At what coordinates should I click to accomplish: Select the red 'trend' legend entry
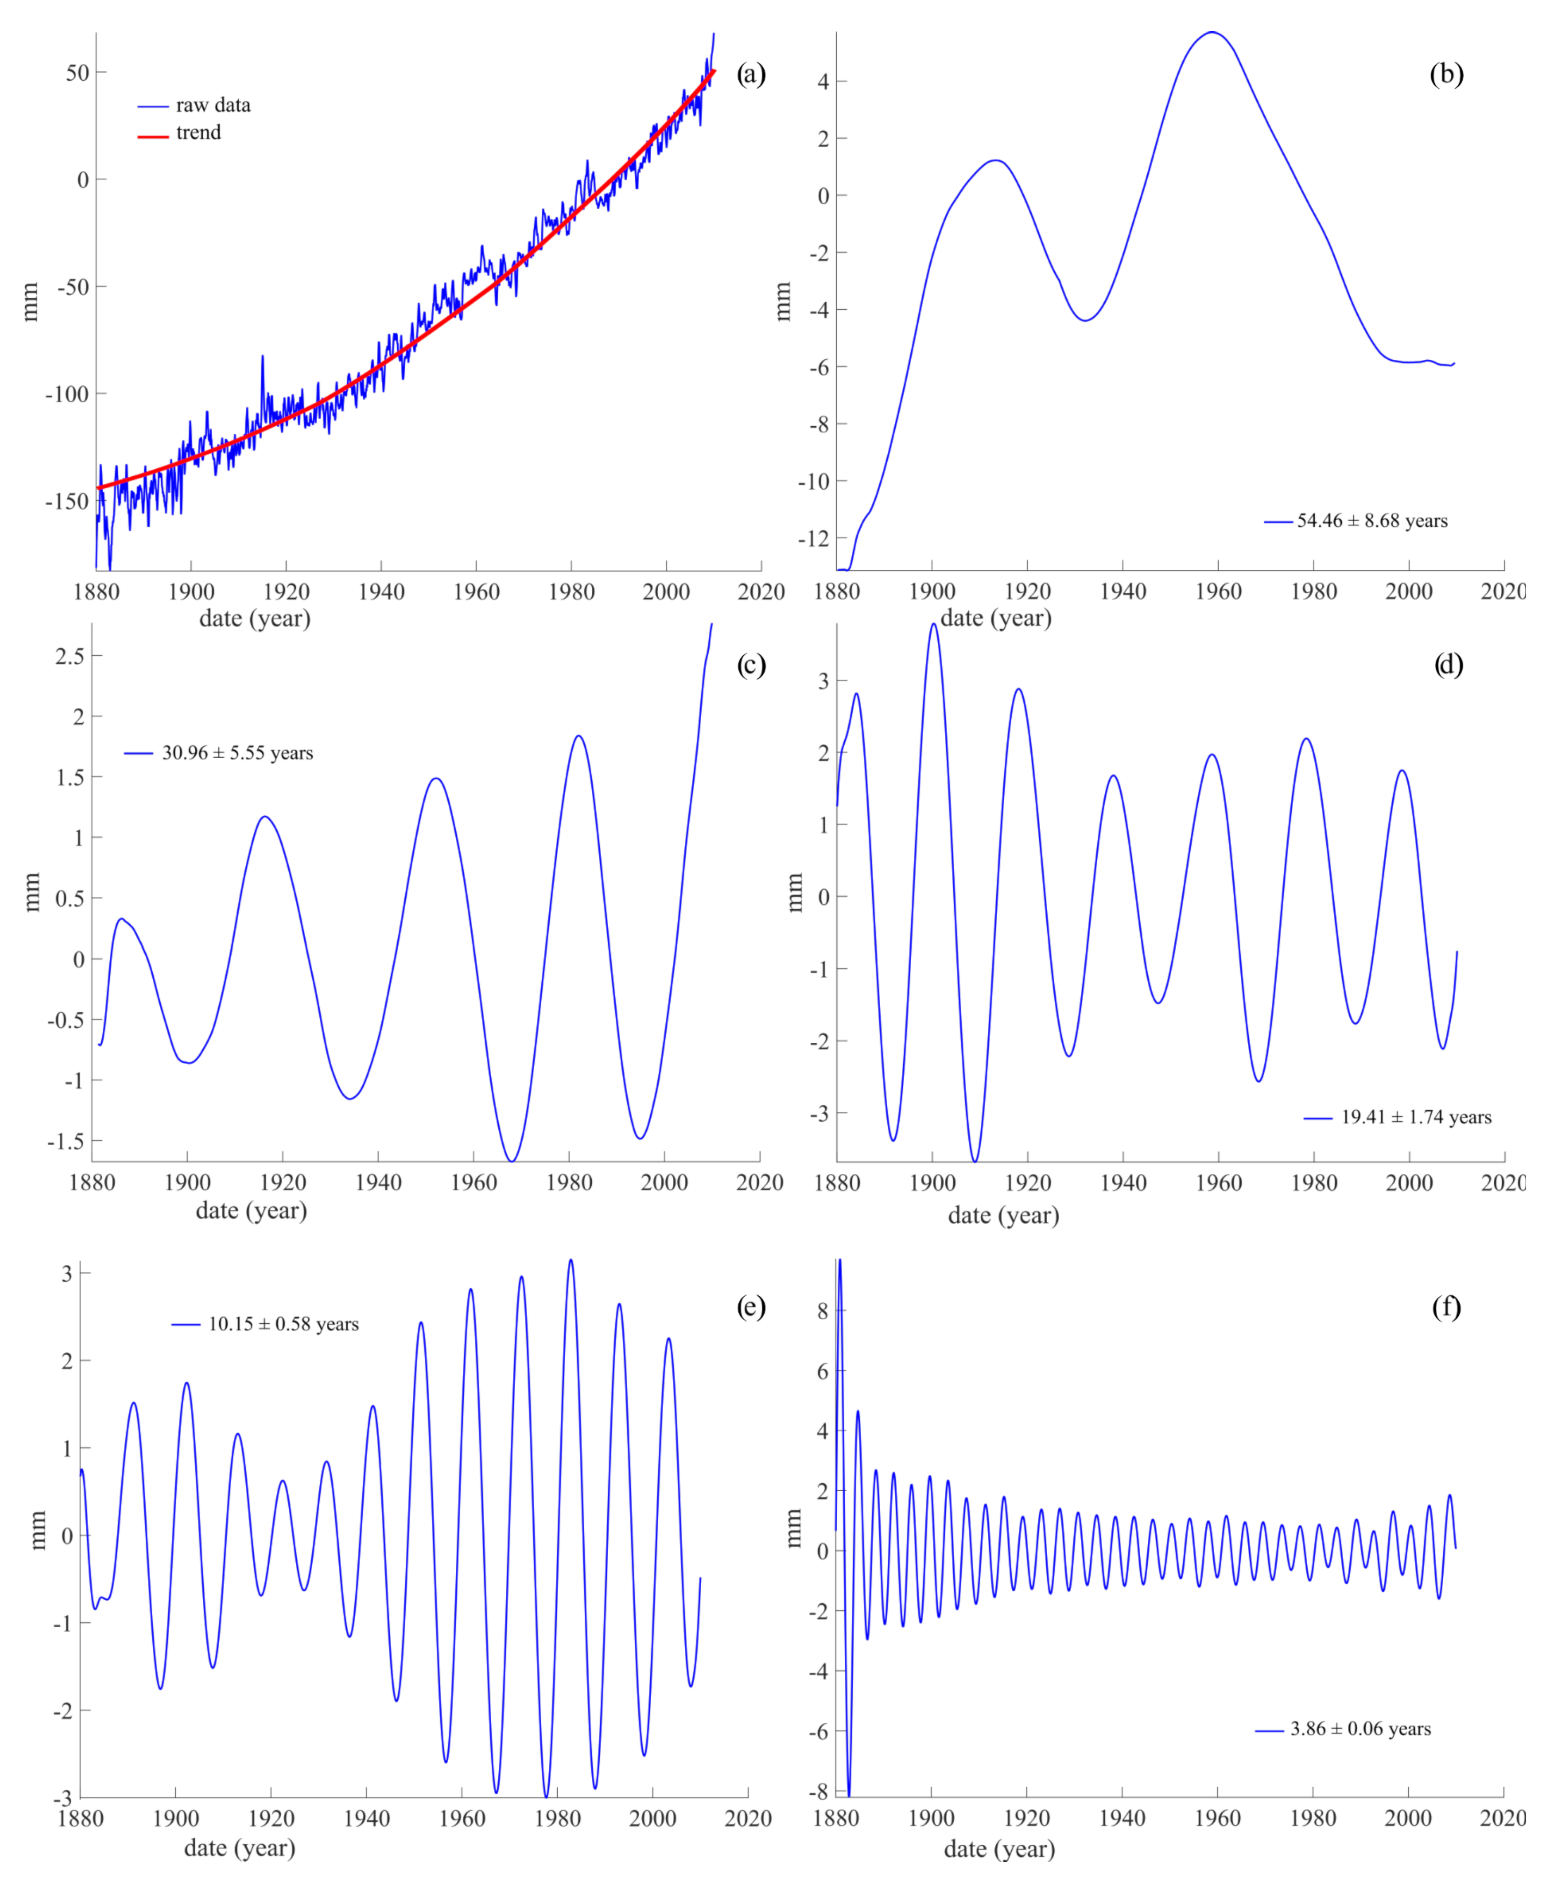(197, 132)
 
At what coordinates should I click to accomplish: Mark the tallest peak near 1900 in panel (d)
(933, 625)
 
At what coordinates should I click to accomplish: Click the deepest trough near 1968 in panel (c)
(512, 1160)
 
